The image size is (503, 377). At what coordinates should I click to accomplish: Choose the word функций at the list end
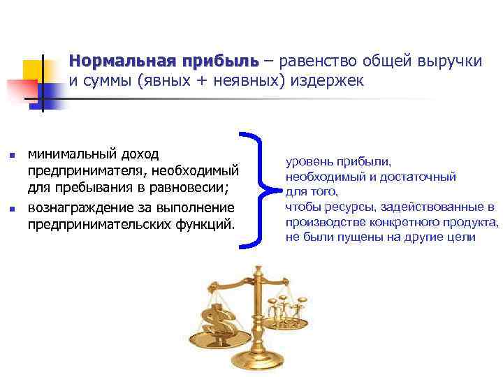click(x=207, y=226)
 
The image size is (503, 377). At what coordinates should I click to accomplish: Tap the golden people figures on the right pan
click(x=287, y=307)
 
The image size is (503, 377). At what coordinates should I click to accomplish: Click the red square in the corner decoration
click(x=21, y=91)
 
